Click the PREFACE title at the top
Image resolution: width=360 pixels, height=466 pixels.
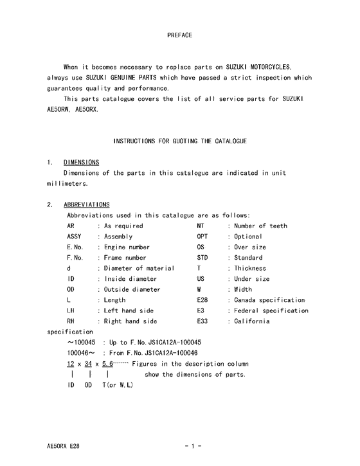tap(179, 34)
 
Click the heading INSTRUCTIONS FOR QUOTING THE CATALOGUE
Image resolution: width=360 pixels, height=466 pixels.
tap(179, 140)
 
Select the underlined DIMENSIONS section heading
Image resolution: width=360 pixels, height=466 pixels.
tap(81, 162)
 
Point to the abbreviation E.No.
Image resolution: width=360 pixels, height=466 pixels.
tap(75, 247)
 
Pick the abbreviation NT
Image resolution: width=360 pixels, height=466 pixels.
tap(200, 226)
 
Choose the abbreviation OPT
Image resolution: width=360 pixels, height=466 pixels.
tap(202, 237)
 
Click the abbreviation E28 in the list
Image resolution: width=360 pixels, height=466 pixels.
tap(202, 300)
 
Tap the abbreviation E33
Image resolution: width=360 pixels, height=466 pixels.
tap(202, 321)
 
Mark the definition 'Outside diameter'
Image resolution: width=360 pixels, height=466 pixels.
tap(132, 289)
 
